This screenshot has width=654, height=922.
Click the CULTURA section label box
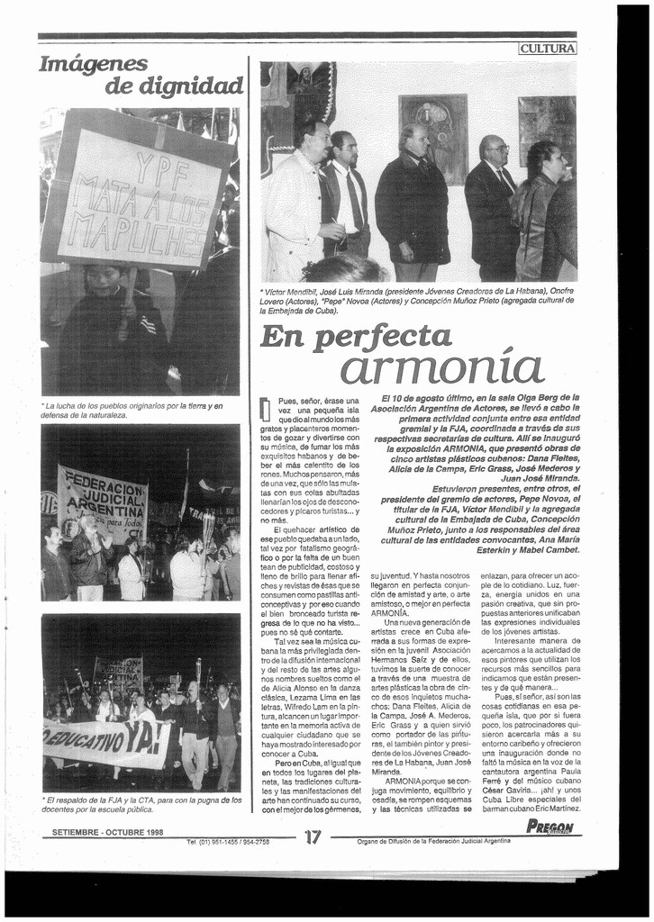[548, 49]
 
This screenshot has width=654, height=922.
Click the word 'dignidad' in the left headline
[175, 86]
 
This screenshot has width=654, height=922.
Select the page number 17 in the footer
[313, 836]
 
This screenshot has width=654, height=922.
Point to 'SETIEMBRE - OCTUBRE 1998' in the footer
[107, 832]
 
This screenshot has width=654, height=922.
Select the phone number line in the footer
[228, 842]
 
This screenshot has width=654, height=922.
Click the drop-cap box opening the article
[265, 409]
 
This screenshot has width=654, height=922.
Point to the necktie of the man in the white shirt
[354, 200]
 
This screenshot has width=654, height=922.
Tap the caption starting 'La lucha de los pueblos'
[132, 410]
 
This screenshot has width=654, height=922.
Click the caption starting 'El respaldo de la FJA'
[141, 803]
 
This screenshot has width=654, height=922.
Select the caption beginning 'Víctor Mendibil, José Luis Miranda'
[417, 301]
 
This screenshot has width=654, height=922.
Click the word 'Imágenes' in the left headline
[94, 64]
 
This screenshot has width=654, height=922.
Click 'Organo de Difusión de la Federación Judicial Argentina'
[434, 841]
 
